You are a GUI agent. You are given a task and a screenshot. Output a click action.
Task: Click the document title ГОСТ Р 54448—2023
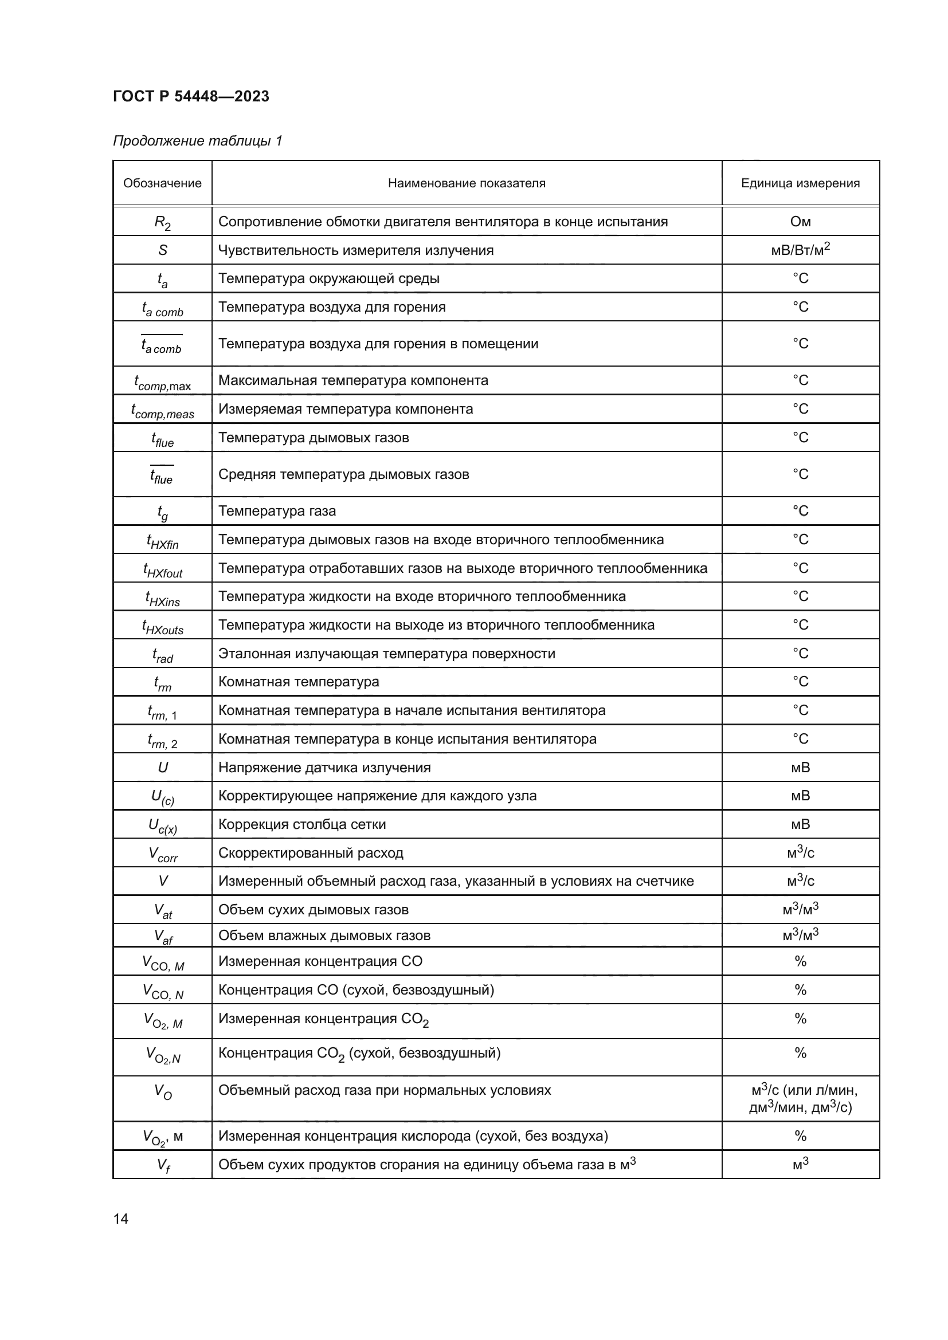(x=191, y=96)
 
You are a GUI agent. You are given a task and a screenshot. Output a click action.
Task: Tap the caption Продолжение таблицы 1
(x=197, y=141)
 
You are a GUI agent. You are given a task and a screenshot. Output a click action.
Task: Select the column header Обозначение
(x=162, y=183)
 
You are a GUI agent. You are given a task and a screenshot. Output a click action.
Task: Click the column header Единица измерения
(x=800, y=183)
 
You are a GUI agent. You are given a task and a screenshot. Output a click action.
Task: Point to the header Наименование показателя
(x=467, y=183)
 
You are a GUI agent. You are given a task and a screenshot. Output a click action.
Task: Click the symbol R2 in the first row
(x=162, y=222)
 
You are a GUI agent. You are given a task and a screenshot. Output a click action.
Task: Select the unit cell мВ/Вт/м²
(x=800, y=250)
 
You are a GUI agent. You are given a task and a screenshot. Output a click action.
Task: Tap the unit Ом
(x=800, y=222)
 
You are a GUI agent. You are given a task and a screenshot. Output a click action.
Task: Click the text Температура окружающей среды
(x=328, y=278)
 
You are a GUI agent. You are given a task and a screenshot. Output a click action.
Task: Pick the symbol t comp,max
(x=162, y=382)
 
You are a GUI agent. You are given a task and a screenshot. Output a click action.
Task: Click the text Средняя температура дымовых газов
(x=343, y=474)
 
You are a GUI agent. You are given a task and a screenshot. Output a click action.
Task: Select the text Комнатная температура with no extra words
(x=298, y=682)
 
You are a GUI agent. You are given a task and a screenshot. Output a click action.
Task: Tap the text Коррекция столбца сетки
(x=302, y=824)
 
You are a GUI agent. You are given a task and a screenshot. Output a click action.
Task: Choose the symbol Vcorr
(x=162, y=854)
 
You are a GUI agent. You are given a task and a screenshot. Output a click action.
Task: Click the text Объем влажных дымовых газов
(x=324, y=936)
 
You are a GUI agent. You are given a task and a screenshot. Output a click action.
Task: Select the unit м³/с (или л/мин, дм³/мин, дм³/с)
(x=800, y=1098)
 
